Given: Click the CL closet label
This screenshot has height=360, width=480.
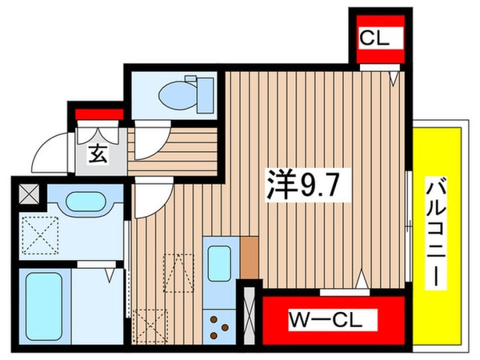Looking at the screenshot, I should click(x=374, y=38).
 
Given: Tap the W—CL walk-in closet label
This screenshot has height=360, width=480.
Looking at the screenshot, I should click(x=326, y=321).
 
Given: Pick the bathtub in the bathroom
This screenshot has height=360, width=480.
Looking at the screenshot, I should click(x=43, y=304).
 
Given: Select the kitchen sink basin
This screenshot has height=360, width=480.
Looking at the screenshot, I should click(x=220, y=262).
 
